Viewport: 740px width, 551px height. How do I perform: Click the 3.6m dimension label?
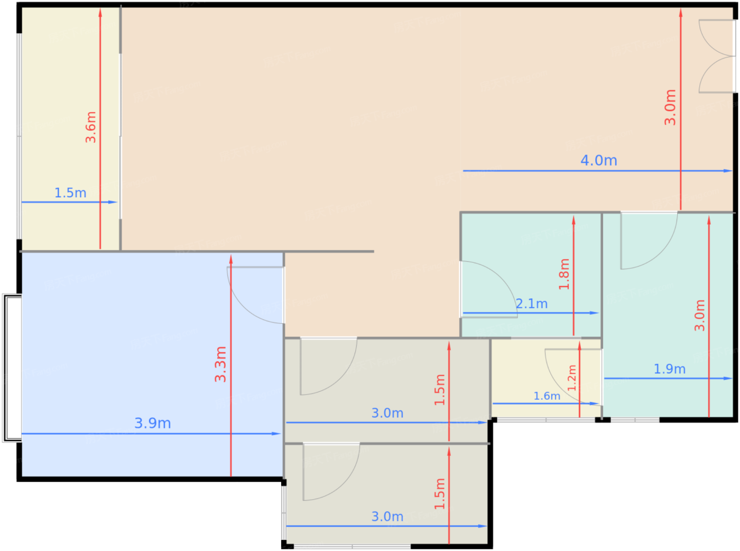[90, 127]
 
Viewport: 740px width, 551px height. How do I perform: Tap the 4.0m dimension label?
[598, 161]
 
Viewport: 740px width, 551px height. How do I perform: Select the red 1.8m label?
[564, 274]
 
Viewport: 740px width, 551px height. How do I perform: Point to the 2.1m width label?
[532, 304]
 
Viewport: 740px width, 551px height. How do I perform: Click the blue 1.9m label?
[670, 369]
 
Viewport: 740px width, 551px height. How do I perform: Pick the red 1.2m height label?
[572, 378]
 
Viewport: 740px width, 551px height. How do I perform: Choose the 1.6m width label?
[547, 396]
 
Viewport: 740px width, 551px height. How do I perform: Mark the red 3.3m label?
[220, 364]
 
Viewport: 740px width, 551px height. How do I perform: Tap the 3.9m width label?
[152, 423]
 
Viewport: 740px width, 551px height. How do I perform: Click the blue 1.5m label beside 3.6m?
[70, 193]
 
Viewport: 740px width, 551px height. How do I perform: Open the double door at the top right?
[717, 56]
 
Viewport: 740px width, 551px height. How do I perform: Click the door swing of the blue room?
[255, 295]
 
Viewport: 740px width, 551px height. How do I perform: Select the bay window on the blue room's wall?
[12, 368]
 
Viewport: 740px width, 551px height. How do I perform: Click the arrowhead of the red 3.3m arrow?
[231, 259]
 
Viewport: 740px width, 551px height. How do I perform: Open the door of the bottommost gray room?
[331, 472]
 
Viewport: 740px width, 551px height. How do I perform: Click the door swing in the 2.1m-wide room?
[489, 289]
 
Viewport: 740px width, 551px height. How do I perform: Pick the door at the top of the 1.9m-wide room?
[649, 241]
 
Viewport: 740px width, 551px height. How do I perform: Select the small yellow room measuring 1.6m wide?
[546, 378]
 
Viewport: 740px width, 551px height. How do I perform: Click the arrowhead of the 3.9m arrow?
[276, 434]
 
